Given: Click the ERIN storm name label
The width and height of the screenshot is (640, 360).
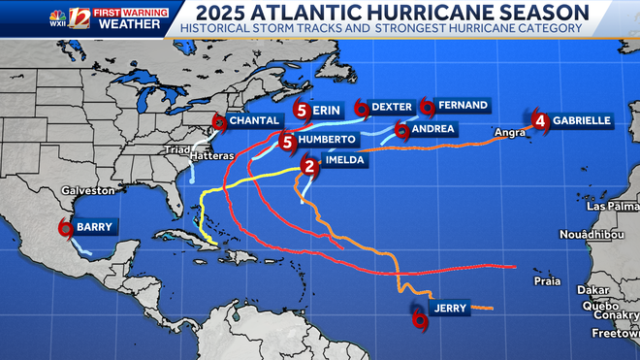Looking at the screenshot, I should (x=326, y=111).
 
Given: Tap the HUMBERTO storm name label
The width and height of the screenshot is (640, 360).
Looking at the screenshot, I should (x=326, y=140).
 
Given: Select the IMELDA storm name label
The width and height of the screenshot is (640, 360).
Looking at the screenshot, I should (x=345, y=161).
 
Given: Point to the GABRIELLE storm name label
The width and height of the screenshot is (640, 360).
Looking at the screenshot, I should (x=582, y=120).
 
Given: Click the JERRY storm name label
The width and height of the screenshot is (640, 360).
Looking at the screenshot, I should (x=450, y=309).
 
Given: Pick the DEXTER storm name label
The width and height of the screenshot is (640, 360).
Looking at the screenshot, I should (x=392, y=107).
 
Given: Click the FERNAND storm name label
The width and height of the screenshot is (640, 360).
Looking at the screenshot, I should (x=462, y=105).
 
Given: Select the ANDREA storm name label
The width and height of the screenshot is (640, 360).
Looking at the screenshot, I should (x=433, y=128).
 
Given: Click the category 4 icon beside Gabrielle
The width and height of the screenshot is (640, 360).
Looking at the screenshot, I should (x=540, y=121).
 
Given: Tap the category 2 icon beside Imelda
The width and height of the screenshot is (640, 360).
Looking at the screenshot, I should (x=309, y=166).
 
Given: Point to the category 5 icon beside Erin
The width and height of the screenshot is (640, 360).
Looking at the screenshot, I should (x=302, y=111).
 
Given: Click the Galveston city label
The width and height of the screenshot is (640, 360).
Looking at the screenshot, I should (x=81, y=191).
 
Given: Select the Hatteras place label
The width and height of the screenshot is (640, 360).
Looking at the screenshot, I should (x=211, y=156).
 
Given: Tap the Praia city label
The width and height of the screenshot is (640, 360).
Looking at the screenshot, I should (x=547, y=281).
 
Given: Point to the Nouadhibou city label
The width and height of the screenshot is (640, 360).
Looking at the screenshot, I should (x=596, y=235).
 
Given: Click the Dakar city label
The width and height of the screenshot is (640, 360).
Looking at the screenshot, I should (x=592, y=289).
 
